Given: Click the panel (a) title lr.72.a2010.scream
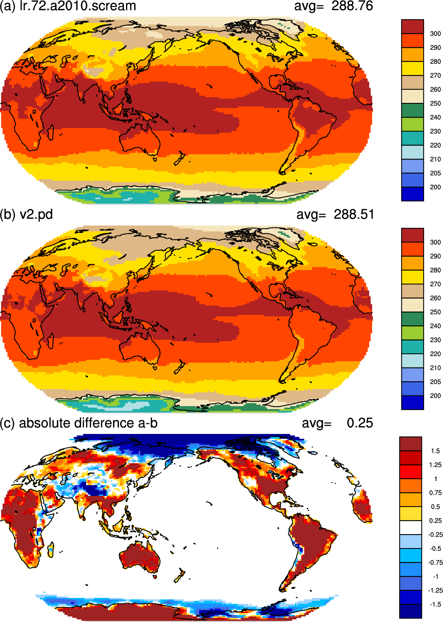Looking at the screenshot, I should point(78,6).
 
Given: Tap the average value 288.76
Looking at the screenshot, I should point(352,6).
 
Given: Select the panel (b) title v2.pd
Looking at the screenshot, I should point(36,214).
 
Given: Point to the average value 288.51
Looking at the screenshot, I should point(354,214).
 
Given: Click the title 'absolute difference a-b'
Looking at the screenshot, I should point(88,423).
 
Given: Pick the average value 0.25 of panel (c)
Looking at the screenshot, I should point(360,423).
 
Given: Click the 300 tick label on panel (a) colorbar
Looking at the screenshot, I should point(435,34).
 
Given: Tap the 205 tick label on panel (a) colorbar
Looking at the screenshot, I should point(435,173).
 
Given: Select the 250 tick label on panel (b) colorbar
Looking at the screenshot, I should point(435,312).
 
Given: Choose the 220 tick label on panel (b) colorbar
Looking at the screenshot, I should point(435,354).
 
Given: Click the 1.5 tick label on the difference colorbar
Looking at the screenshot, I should point(435,451).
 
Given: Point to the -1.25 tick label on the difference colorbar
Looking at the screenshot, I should point(435,590).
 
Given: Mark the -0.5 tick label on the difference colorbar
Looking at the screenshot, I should point(435,549).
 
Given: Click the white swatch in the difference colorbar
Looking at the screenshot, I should point(411,527).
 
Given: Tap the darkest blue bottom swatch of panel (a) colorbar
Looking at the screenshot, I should point(412,194).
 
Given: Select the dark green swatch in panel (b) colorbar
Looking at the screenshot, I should point(412,319).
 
